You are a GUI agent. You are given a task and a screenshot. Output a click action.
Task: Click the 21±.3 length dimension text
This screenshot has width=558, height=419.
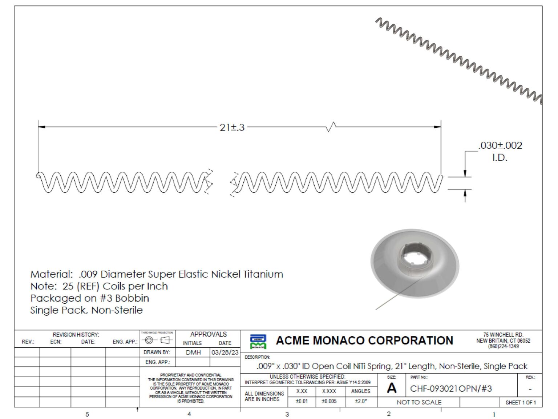232,128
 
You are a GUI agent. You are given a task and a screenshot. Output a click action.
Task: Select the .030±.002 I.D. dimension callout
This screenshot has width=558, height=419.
500,151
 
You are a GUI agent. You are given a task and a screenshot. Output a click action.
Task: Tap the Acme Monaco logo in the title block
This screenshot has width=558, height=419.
258,341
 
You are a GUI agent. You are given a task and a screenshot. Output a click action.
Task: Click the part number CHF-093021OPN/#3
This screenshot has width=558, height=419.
450,388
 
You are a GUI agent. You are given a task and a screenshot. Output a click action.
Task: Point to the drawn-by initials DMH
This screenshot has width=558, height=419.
193,352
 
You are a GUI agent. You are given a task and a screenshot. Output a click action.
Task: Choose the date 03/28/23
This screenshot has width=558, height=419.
225,352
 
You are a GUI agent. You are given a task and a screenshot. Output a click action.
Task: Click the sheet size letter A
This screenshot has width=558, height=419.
392,388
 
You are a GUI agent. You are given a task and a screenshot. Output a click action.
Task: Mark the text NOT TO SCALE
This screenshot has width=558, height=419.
419,402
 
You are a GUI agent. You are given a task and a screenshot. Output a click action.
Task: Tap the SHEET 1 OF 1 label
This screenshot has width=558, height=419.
520,402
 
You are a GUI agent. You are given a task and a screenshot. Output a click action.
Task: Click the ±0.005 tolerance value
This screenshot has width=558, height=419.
329,401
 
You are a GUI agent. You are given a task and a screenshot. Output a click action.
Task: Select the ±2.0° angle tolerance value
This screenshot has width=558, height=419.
361,401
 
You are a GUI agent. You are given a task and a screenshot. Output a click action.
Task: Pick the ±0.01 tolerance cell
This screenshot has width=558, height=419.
302,401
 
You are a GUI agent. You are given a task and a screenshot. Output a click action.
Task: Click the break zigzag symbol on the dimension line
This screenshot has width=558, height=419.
331,127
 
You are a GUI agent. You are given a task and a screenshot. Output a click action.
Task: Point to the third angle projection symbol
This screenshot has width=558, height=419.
157,340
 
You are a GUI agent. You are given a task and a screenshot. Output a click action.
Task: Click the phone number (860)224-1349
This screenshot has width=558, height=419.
503,346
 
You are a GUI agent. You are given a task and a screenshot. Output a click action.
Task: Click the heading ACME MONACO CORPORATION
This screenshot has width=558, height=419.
364,340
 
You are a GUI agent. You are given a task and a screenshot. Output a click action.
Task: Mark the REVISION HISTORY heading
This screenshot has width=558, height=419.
76,334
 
